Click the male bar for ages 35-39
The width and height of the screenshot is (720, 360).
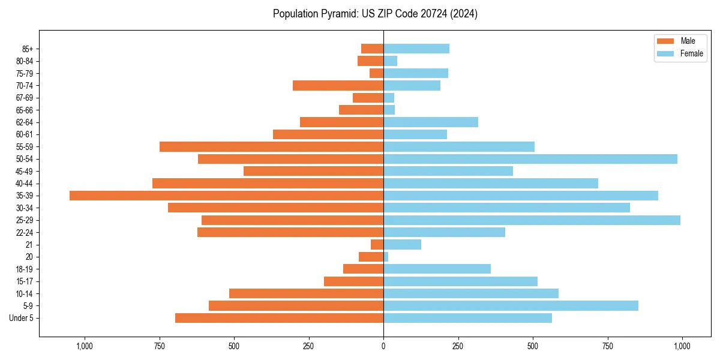pos(226,196)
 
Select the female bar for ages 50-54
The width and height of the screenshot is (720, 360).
pos(530,159)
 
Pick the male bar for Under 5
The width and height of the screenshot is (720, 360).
pos(279,318)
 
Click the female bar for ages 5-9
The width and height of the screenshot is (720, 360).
pos(511,306)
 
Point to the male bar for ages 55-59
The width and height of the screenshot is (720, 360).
pos(271,147)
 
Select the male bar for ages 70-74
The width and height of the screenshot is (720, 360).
pos(338,86)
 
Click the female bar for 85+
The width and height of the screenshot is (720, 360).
pos(416,49)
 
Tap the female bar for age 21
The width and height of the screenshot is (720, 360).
pos(402,245)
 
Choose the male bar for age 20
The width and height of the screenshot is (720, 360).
pos(371,257)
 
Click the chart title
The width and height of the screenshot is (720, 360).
pos(375,14)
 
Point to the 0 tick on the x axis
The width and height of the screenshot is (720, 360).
pos(383,346)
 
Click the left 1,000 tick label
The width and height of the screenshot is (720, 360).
pos(85,346)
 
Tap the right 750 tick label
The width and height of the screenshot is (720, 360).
pos(607,346)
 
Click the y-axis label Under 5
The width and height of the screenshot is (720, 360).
pos(21,318)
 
